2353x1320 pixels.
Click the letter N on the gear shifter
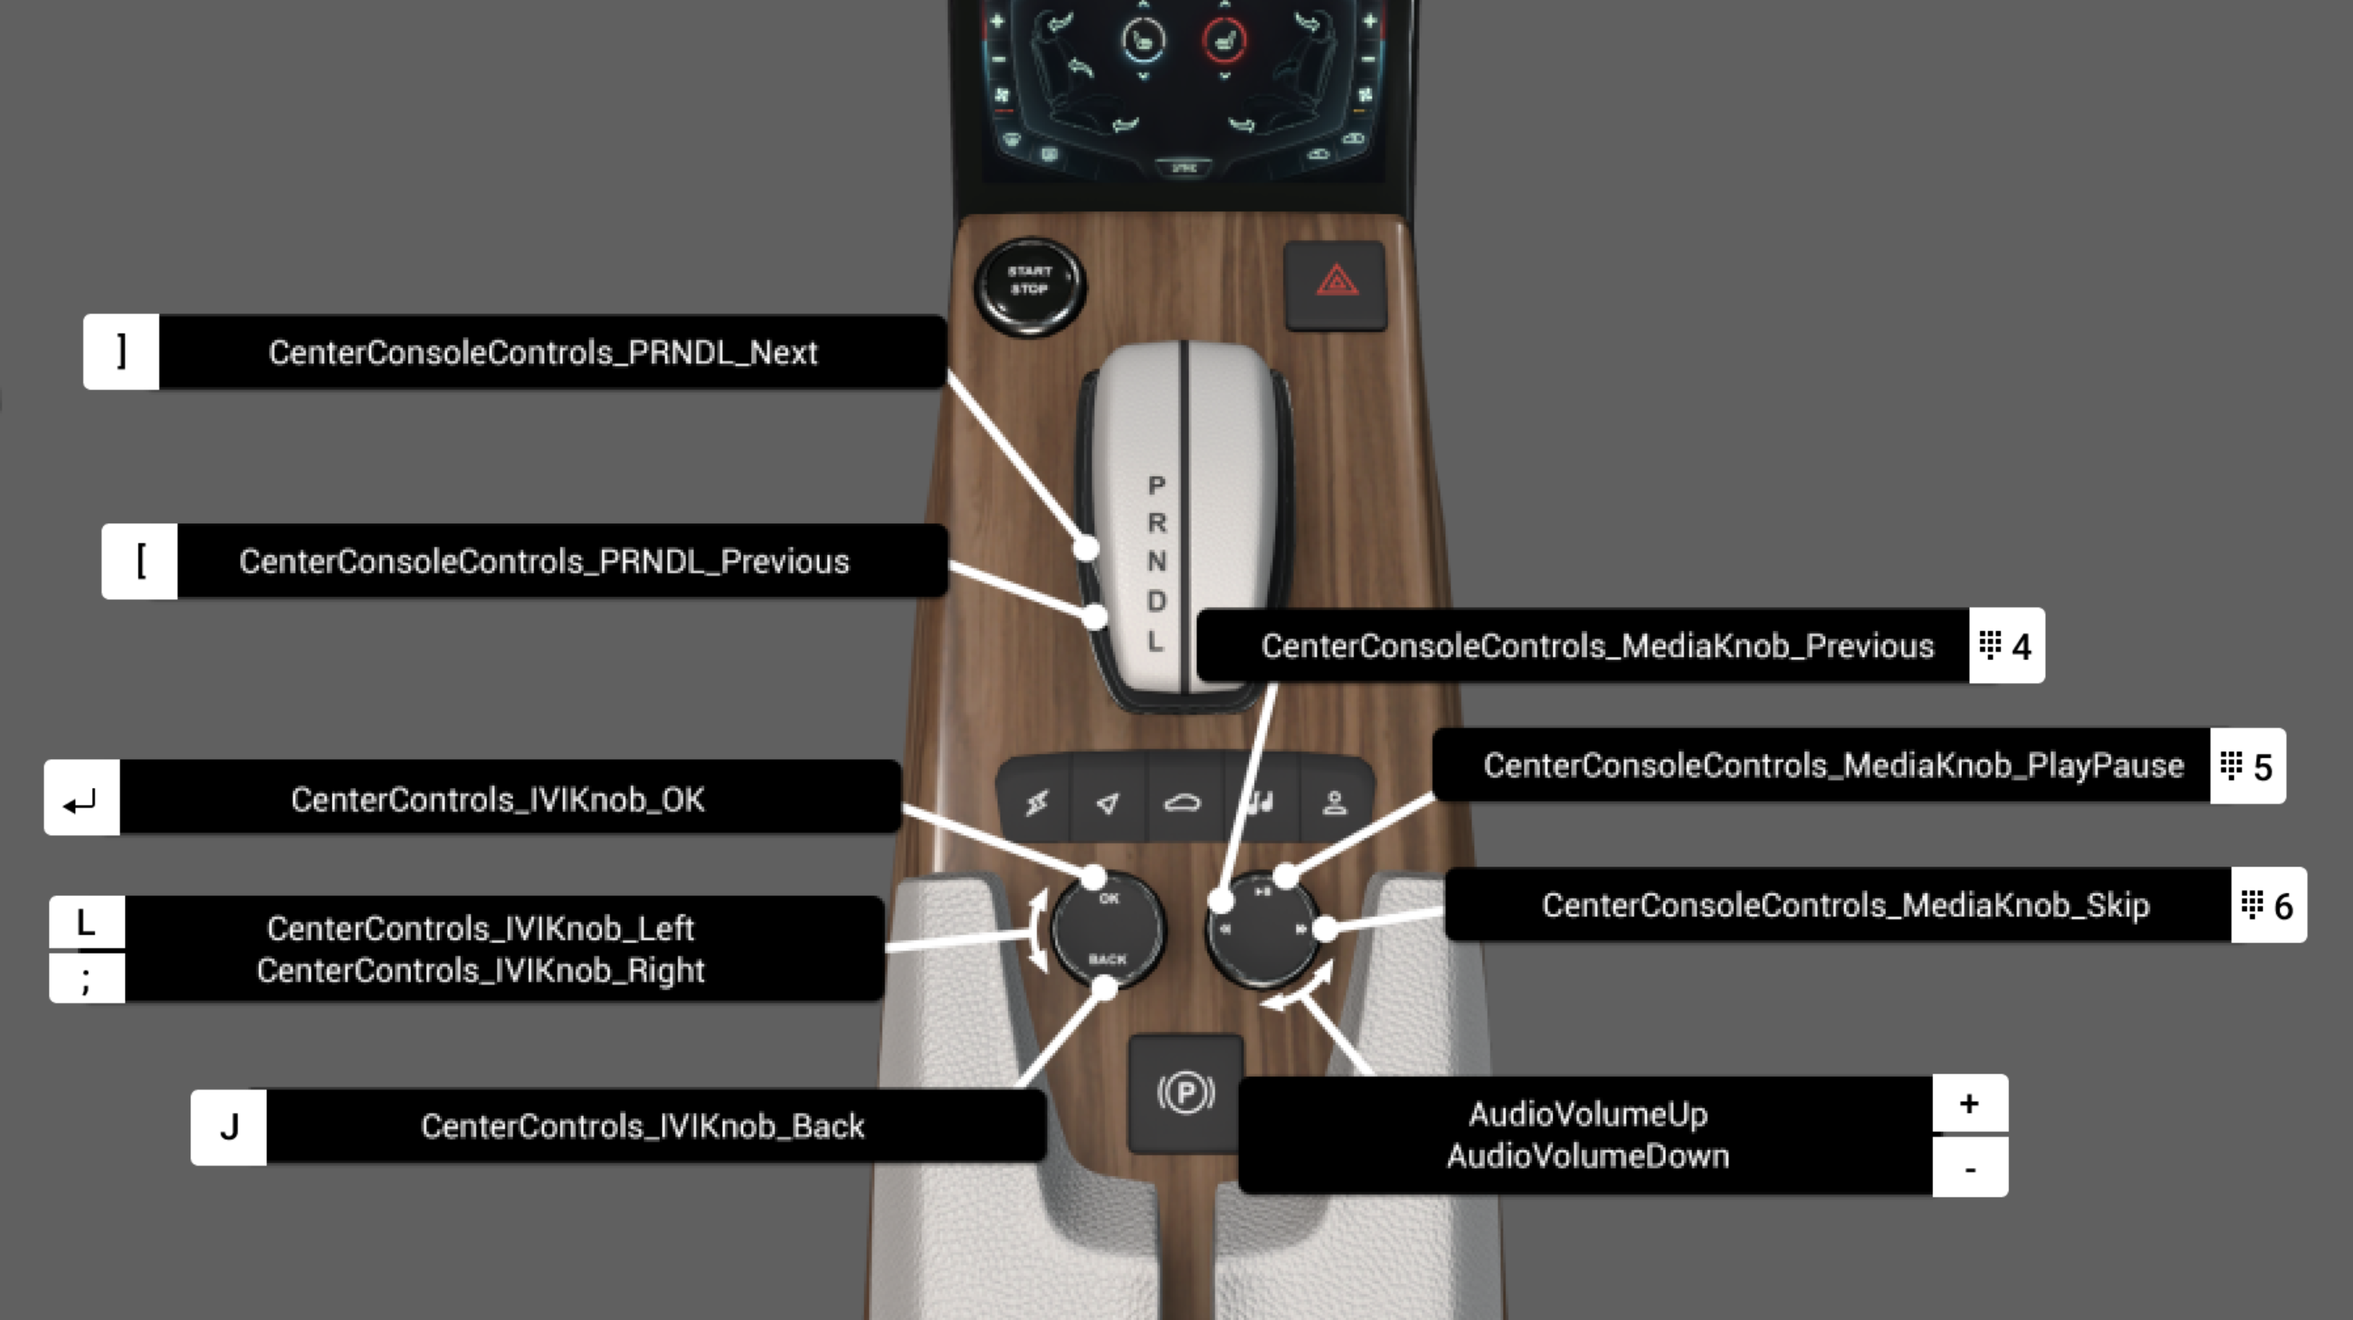pos(1157,562)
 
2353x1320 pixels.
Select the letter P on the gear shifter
pos(1157,485)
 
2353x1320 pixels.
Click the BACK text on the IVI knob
pos(1107,959)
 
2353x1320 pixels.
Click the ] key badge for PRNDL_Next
pos(122,353)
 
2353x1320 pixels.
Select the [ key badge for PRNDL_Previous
pos(140,561)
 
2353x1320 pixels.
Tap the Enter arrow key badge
pos(82,798)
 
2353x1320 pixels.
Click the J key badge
pos(229,1126)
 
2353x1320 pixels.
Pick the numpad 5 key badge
pos(2247,766)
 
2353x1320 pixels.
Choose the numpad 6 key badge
pos(2268,906)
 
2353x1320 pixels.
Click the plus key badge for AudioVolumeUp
pos(1969,1105)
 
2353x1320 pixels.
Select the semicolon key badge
pos(86,978)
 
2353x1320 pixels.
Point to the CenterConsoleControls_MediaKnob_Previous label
pos(1596,646)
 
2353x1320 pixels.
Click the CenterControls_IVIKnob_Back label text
pos(642,1126)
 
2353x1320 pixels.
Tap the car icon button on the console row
pos(1182,803)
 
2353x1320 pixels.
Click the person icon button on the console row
pos(1335,803)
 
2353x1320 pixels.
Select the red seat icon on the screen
pos(1224,40)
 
